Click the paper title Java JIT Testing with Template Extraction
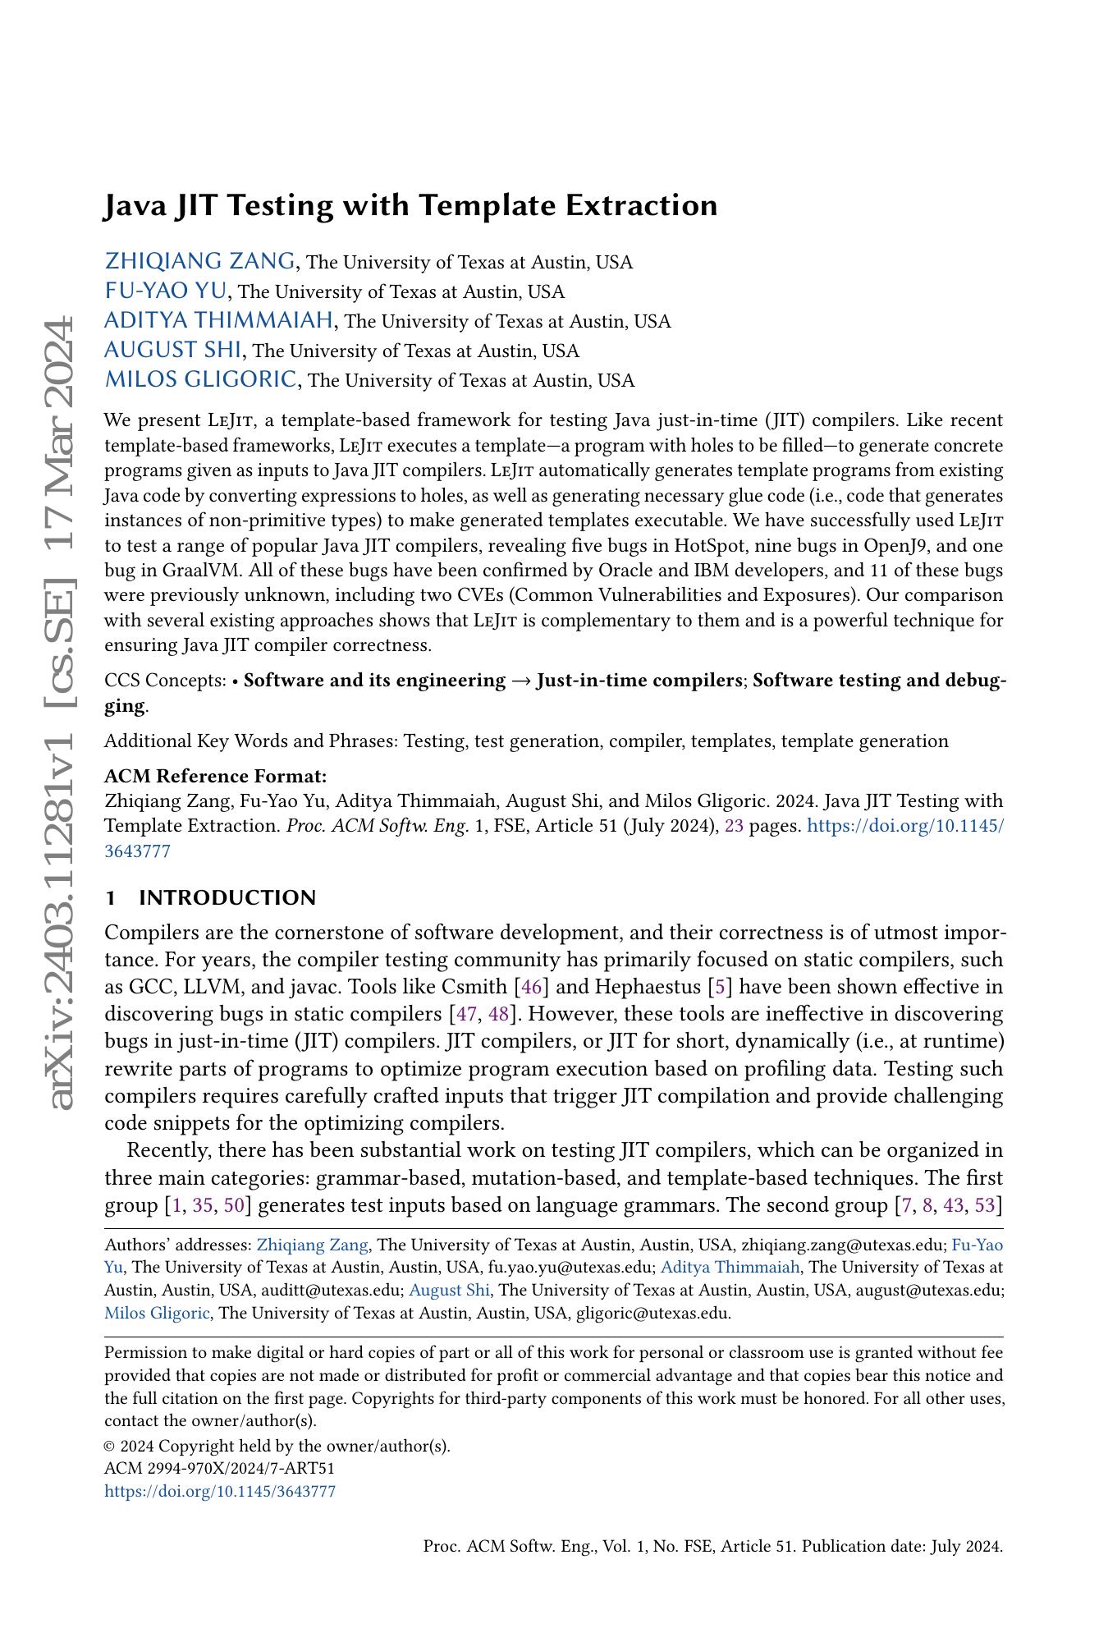[x=410, y=205]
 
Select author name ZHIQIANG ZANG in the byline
[x=199, y=261]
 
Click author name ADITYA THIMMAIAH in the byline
[x=219, y=320]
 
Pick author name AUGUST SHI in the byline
[x=172, y=350]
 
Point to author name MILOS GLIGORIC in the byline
[x=201, y=379]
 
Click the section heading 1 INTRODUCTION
[x=210, y=897]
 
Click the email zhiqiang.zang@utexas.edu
[x=842, y=1245]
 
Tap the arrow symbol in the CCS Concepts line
[x=520, y=681]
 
